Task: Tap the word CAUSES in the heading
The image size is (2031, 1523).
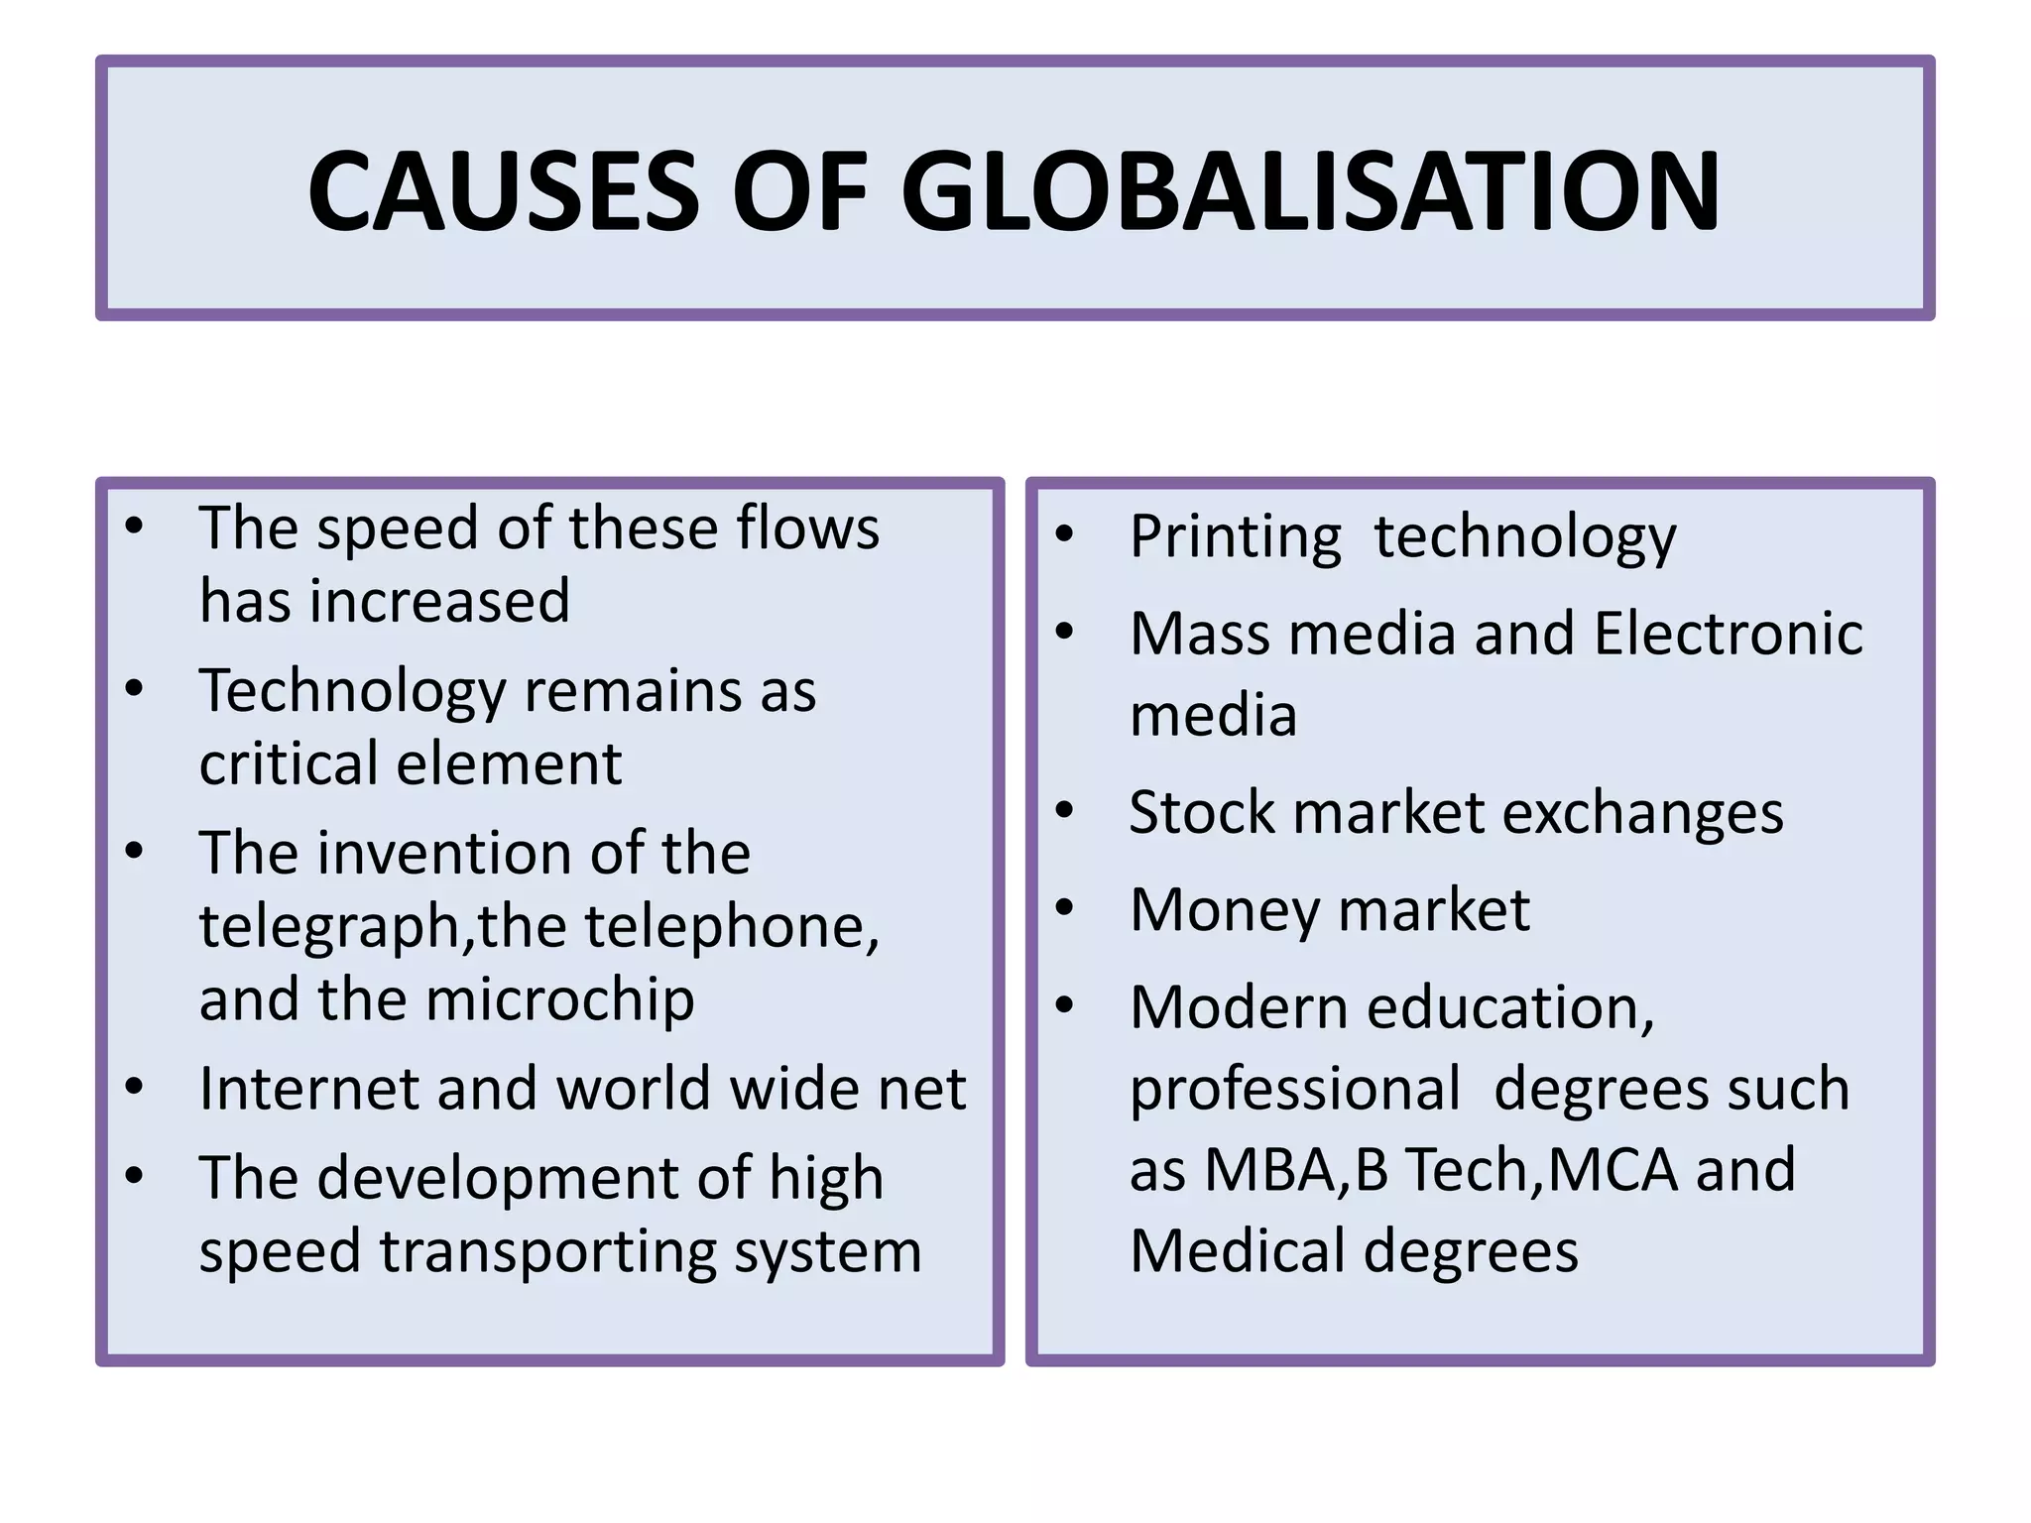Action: pos(504,191)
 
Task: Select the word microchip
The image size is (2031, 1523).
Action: pos(560,999)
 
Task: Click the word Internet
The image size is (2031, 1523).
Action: pos(309,1089)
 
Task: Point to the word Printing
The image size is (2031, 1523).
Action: pos(1235,537)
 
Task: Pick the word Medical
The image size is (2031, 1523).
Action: pos(1238,1251)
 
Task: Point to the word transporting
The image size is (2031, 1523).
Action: pos(547,1251)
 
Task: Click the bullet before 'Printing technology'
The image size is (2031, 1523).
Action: pos(1065,535)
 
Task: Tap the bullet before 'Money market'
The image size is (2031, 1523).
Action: pos(1065,908)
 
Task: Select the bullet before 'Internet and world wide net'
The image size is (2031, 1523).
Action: pos(135,1088)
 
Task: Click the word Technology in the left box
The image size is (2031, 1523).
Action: pos(352,692)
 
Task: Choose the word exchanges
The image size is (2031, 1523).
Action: pos(1642,814)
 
